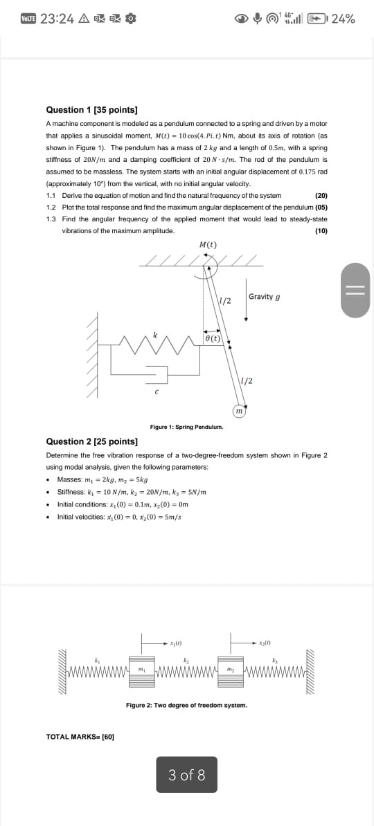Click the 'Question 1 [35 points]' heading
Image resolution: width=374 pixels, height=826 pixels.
[91, 110]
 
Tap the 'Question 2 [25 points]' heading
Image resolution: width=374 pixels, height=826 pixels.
[91, 441]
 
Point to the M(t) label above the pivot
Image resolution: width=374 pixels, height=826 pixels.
[208, 244]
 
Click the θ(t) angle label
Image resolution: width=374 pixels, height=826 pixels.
[213, 338]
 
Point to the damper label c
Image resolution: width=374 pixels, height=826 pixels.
[157, 392]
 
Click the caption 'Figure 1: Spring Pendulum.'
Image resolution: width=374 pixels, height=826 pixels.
[186, 428]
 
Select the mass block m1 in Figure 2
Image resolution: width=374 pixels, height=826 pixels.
[141, 670]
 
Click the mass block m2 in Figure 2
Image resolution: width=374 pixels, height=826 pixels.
[229, 670]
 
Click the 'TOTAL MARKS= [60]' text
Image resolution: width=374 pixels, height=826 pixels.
[80, 737]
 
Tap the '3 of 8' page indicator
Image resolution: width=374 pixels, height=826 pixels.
[186, 775]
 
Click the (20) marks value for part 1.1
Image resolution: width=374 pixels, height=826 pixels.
[321, 196]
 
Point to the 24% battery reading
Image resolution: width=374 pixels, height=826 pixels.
[344, 19]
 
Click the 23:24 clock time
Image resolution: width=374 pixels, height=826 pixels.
[57, 19]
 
